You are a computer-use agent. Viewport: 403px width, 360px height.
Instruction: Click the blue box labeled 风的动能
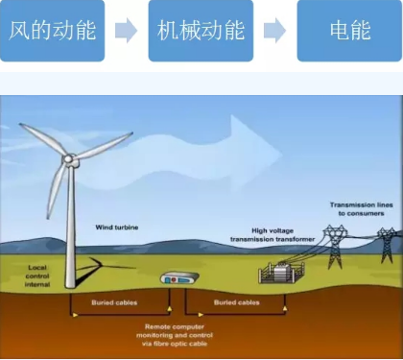click(52, 31)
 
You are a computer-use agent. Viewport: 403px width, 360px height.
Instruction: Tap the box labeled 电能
click(347, 31)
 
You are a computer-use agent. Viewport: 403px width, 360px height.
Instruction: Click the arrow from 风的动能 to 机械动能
click(126, 31)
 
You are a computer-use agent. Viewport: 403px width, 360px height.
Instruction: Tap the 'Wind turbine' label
click(116, 228)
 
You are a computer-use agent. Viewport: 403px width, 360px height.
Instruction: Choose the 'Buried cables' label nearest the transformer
click(236, 302)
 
